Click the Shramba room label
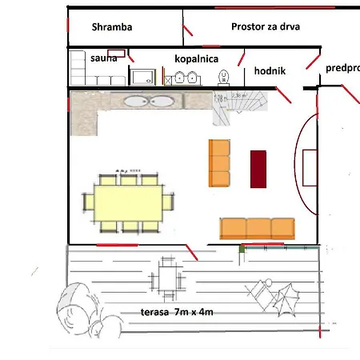click(x=111, y=27)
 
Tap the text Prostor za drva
click(x=265, y=27)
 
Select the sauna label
click(x=104, y=58)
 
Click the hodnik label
click(x=270, y=71)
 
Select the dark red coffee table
click(x=258, y=169)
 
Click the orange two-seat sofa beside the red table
click(x=219, y=162)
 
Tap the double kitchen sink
click(x=150, y=102)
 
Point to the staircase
click(x=233, y=106)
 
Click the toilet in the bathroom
click(x=223, y=77)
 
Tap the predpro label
click(x=342, y=69)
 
